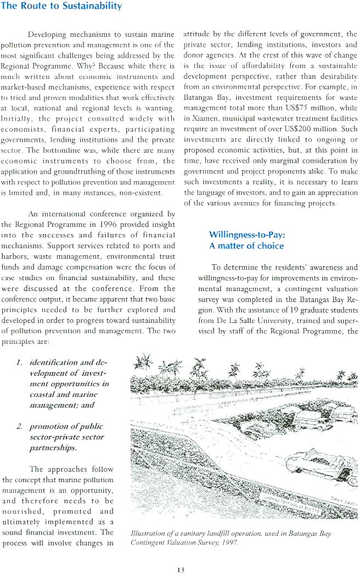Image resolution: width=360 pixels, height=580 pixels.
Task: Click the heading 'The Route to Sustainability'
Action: click(x=62, y=7)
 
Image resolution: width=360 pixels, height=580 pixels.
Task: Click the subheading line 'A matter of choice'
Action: click(x=246, y=246)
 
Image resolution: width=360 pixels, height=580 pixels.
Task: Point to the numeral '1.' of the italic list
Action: click(x=19, y=363)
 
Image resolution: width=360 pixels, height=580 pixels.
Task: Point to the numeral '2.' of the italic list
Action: click(x=19, y=426)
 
